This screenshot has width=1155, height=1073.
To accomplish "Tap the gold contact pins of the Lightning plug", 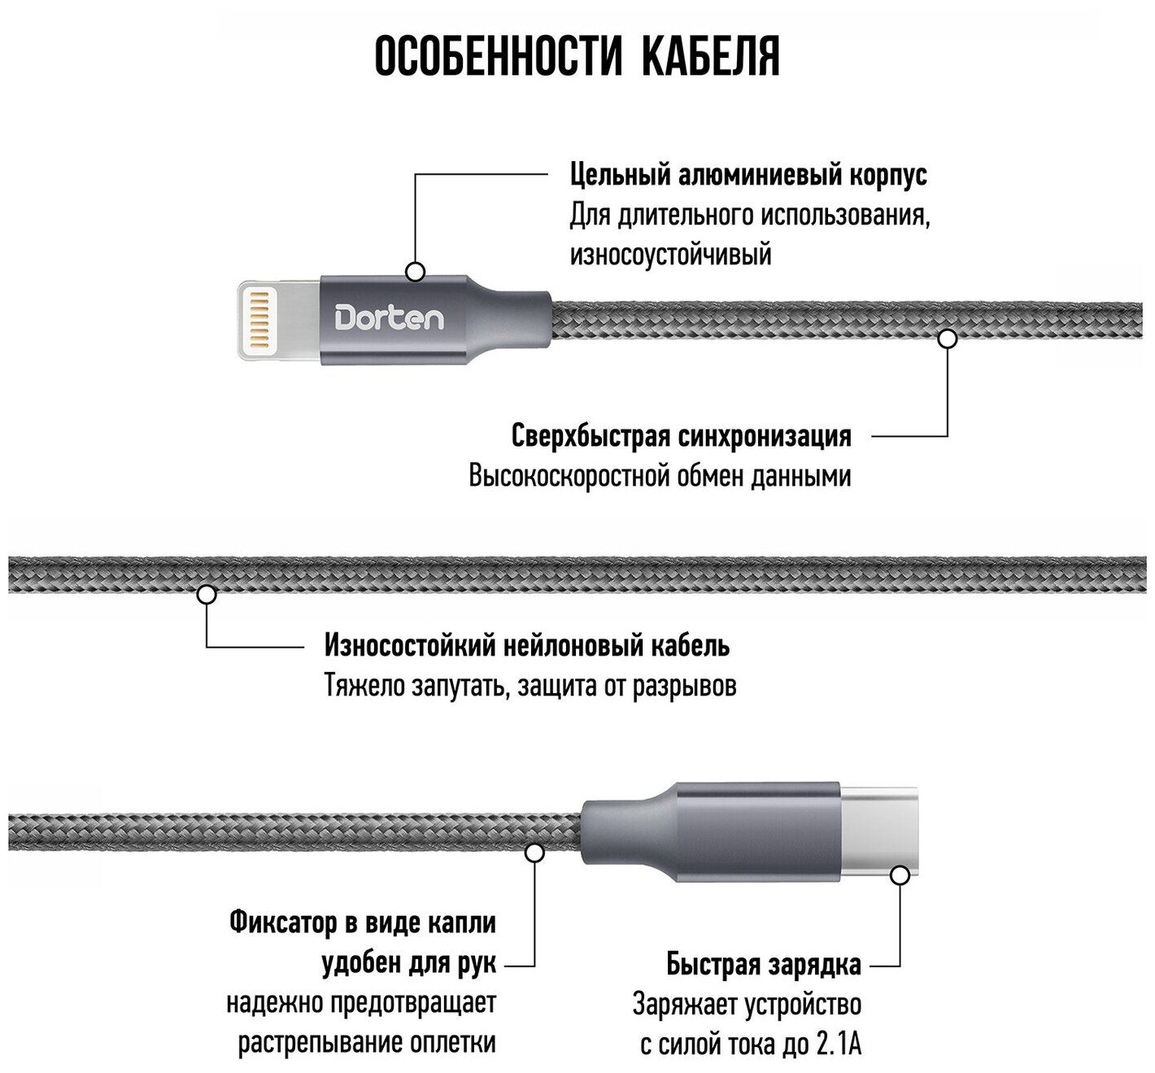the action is (259, 318).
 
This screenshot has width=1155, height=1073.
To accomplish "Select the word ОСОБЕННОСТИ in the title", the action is (499, 57).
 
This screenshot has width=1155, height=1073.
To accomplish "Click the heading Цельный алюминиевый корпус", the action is (748, 175).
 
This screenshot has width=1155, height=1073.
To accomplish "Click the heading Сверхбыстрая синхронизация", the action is (682, 437).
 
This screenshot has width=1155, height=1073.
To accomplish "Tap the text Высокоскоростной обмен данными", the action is (660, 476).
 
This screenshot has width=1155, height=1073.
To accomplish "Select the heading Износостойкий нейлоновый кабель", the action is (527, 646).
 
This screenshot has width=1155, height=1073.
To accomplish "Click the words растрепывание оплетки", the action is (367, 1044).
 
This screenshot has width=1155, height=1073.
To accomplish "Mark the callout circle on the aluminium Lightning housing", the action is (416, 272).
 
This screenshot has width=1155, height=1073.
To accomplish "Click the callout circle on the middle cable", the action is (207, 595).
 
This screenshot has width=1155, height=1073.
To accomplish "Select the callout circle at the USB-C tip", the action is (900, 875).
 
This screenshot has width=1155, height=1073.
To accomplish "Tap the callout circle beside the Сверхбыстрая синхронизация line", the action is (947, 338).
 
